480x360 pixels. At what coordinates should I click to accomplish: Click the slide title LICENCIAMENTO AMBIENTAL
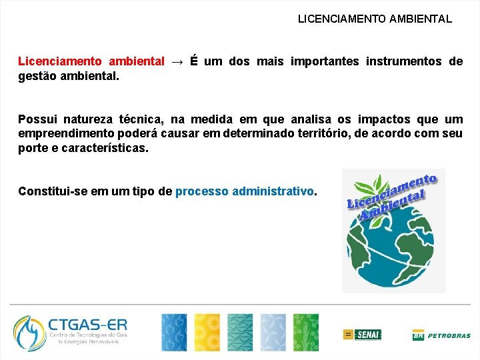pos(375,19)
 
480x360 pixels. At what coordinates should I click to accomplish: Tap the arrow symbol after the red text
pos(177,62)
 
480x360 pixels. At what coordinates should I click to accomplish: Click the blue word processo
pos(201,191)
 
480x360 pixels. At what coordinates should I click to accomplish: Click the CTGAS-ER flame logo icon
pos(30,333)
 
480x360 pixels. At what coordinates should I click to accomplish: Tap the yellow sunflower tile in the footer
pos(207,332)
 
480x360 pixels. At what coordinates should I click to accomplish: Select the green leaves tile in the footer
pos(306,332)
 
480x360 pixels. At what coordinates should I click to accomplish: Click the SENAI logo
pos(362,334)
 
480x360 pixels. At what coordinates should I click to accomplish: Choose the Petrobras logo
pos(441,335)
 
